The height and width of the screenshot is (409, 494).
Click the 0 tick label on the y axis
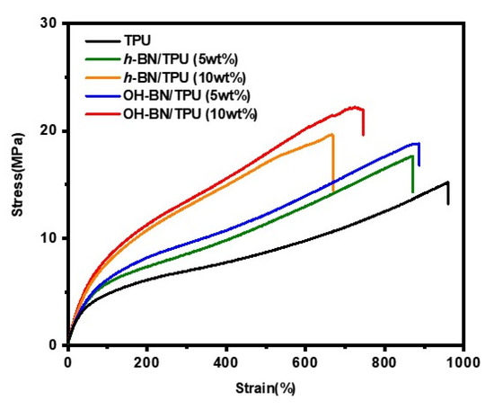pyautogui.click(x=59, y=345)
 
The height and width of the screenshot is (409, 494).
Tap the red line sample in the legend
pyautogui.click(x=105, y=113)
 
